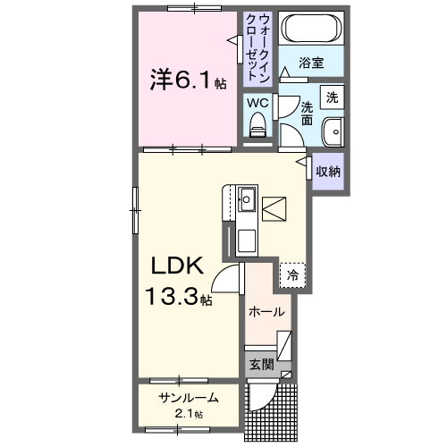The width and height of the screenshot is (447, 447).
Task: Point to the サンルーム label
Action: [x=188, y=398]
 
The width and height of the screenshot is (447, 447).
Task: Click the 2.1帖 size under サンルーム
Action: [x=188, y=414]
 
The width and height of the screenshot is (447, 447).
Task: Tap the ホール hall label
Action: [x=266, y=312]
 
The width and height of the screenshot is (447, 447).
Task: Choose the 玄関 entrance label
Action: [x=260, y=365]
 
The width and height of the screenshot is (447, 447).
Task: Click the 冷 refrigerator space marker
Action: [x=292, y=276]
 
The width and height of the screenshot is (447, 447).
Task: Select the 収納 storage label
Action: [x=327, y=171]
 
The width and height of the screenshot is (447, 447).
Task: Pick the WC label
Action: [x=257, y=103]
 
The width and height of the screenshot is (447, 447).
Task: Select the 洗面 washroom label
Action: [x=306, y=112]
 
